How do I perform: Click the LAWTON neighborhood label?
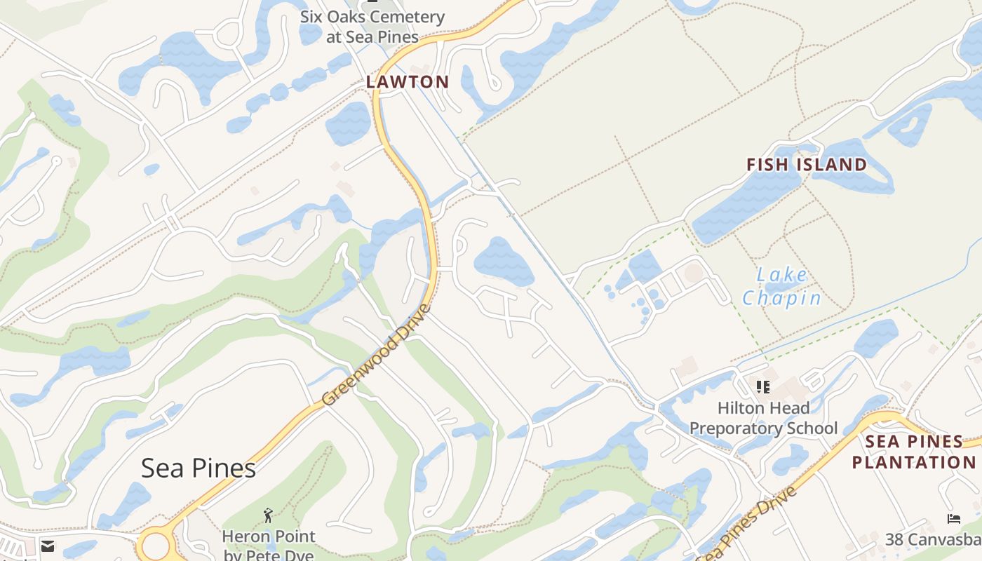point(408,82)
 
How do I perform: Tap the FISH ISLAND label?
point(806,165)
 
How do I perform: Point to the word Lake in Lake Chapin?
point(782,274)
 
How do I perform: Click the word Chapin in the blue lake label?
point(781,298)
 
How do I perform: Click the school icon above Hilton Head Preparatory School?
point(763,386)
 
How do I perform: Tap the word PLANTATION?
point(913,462)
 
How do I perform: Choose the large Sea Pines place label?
point(199,468)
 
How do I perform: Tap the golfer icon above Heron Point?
point(267,517)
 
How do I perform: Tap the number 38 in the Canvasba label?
point(894,539)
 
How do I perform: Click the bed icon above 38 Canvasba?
point(954,519)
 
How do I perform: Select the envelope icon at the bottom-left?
point(48,546)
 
